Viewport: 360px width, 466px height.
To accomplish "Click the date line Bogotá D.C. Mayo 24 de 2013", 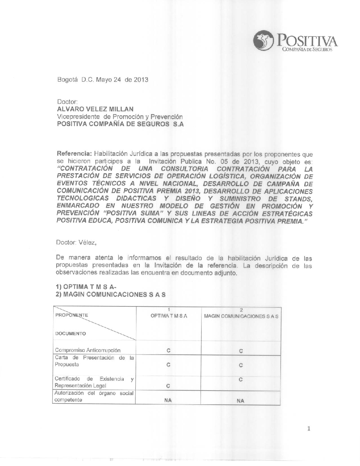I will (103, 80).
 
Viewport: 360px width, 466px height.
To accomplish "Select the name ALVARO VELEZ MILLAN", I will (95, 109).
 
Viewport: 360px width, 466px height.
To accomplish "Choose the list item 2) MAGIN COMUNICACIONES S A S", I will (111, 294).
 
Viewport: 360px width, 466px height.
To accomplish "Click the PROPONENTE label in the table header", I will (71, 315).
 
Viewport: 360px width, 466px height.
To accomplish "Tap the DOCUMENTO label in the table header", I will (71, 333).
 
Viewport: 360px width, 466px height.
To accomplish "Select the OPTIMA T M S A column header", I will (168, 316).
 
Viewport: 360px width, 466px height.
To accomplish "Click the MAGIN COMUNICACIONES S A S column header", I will (241, 316).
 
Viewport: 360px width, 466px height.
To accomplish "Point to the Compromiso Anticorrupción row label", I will (87, 350).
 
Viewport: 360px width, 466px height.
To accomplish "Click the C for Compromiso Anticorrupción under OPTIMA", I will (168, 350).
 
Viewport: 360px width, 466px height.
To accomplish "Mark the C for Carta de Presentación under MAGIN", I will (241, 365).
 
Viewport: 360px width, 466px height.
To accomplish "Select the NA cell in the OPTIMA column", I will (168, 400).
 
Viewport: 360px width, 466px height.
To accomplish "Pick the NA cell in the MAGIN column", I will (240, 401).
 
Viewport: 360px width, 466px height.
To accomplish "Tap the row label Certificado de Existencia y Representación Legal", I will (94, 382).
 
